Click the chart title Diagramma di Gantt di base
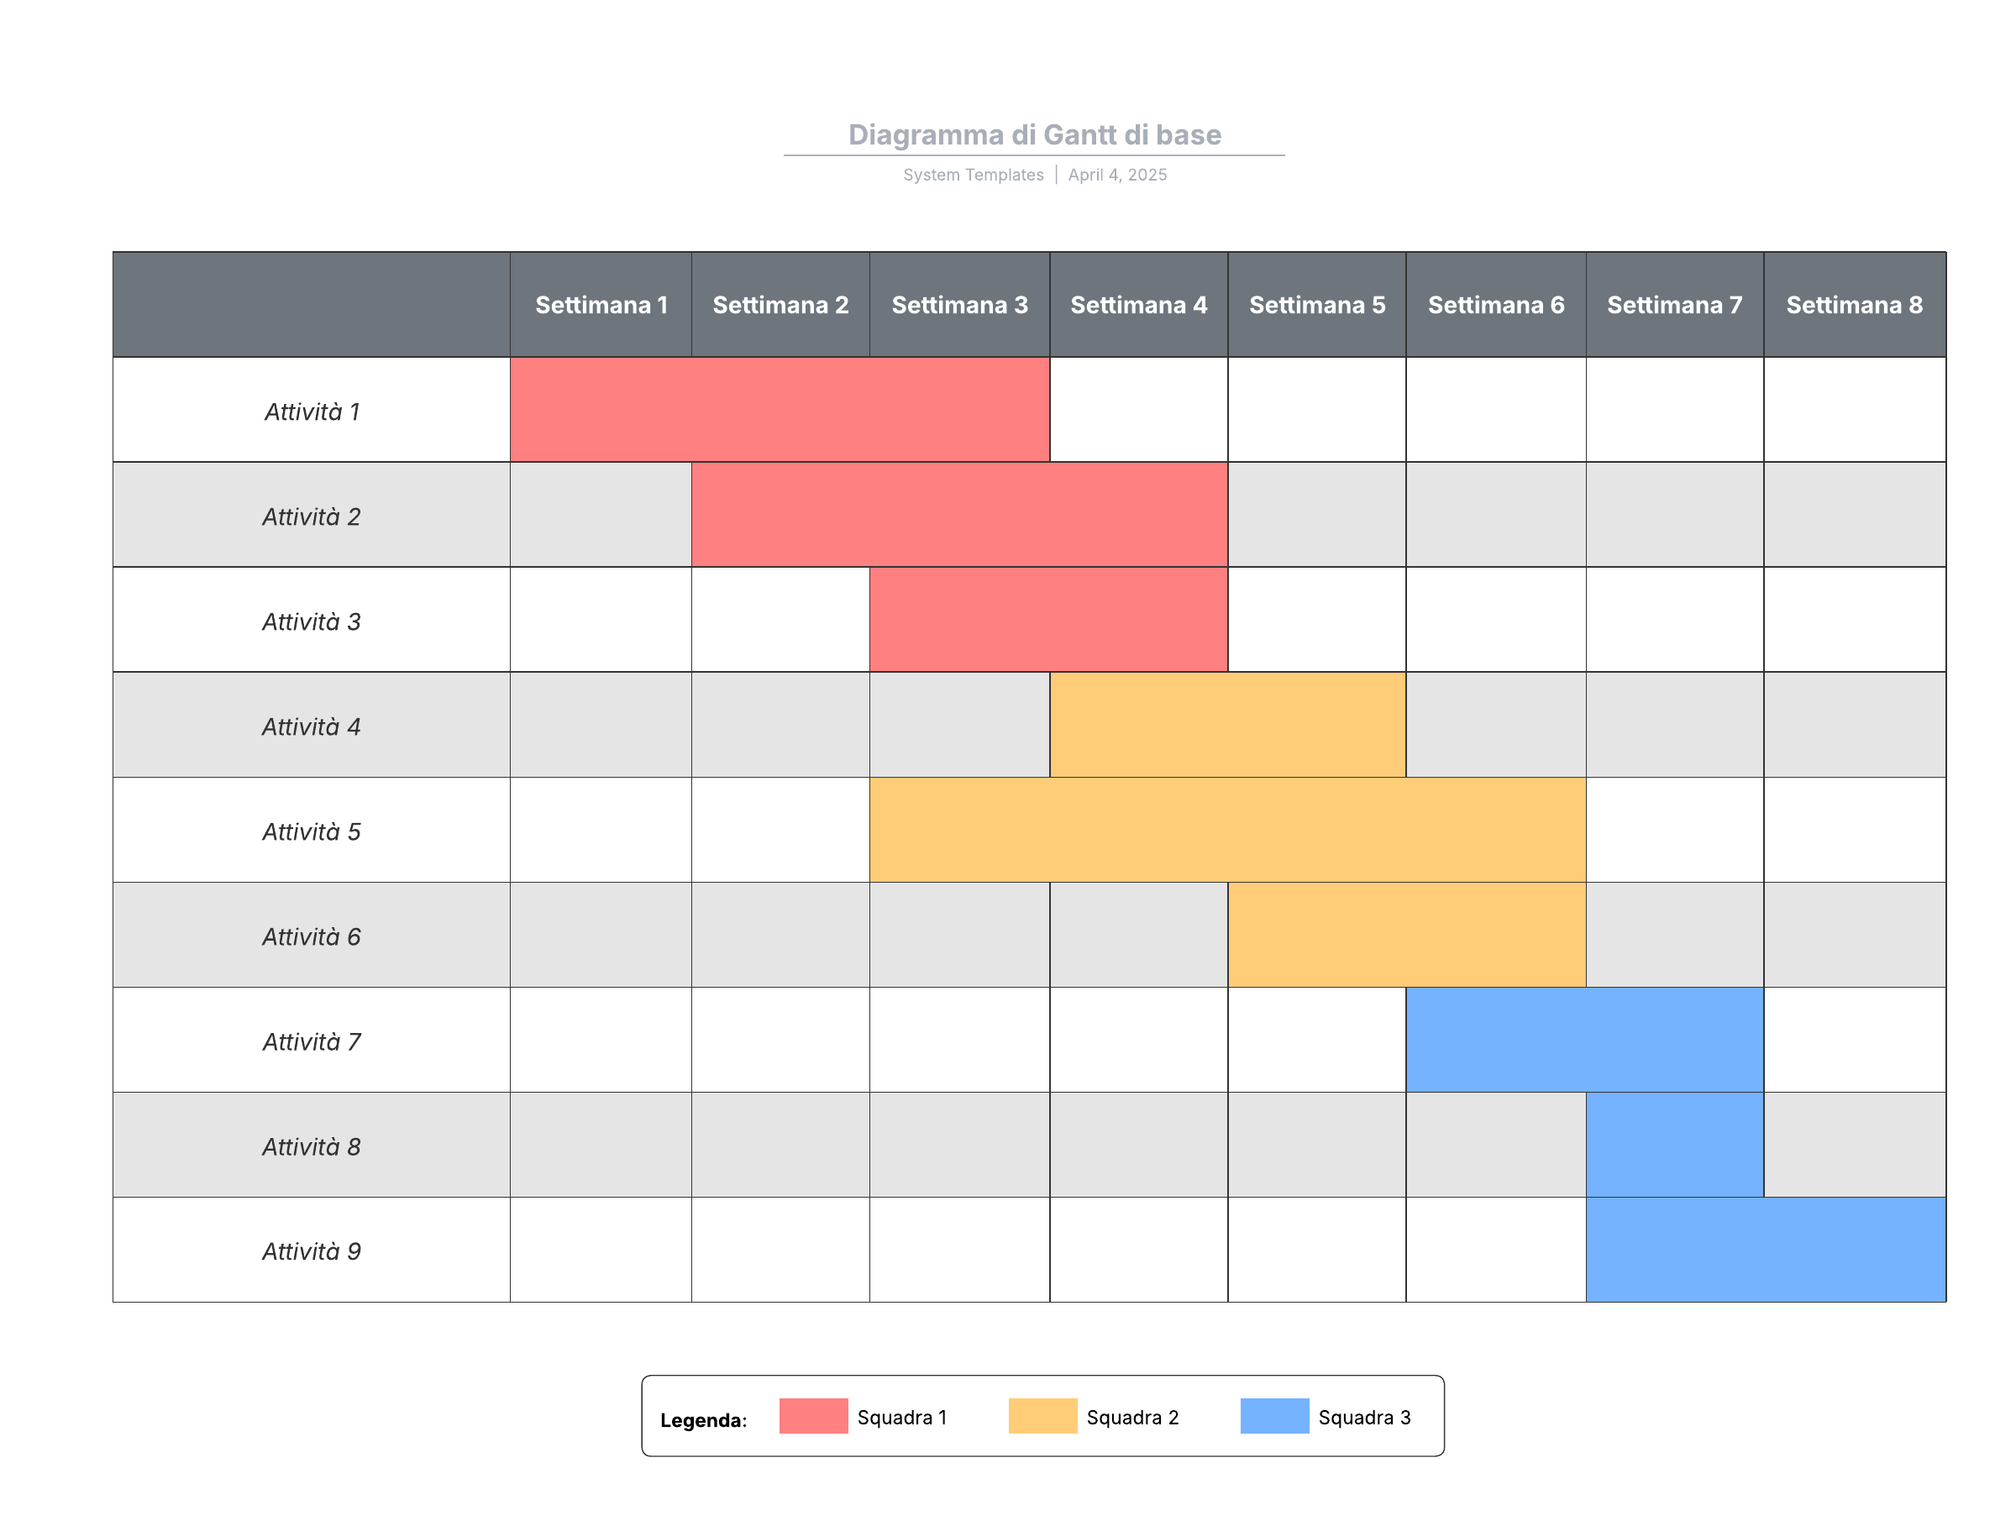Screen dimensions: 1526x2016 pos(1034,135)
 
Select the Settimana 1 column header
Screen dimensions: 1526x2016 pos(601,305)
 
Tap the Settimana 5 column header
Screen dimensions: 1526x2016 pos(1317,305)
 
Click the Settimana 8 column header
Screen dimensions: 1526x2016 pos(1854,305)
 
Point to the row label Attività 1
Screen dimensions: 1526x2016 pos(312,412)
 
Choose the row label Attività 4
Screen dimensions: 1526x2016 pos(312,727)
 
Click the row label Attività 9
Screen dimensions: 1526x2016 pos(312,1251)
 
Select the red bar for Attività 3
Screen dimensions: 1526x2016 pos(1048,621)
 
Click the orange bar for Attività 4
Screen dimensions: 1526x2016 pos(1227,725)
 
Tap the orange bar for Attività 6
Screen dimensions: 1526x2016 pos(1406,935)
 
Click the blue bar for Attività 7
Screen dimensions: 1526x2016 pos(1584,1041)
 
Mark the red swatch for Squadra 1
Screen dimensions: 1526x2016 pos(813,1417)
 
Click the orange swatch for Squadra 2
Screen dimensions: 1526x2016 pos(1042,1417)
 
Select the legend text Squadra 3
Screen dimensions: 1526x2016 pos(1364,1418)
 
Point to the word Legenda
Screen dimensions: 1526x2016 pos(703,1420)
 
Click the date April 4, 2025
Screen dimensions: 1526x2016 pos(1117,175)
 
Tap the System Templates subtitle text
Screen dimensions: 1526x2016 pos(974,175)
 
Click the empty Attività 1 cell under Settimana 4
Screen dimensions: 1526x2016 pos(1138,410)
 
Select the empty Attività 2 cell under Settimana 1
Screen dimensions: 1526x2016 pos(601,515)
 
